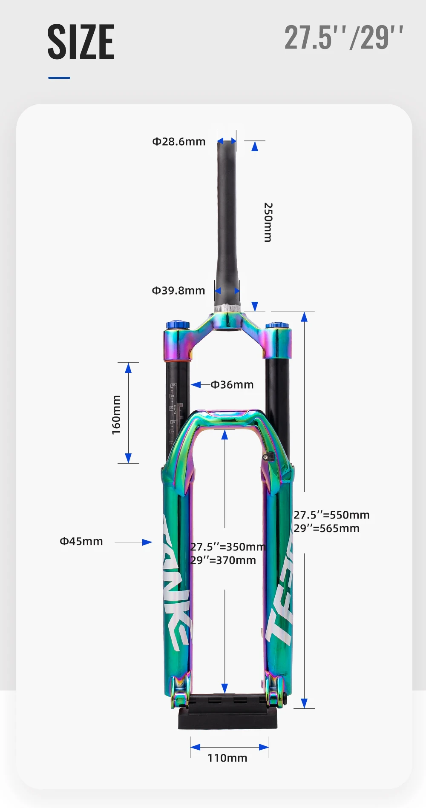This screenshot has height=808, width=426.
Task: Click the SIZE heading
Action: (x=81, y=42)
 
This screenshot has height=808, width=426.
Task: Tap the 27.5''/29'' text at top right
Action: (x=343, y=38)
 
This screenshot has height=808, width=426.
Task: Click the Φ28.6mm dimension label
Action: (x=179, y=141)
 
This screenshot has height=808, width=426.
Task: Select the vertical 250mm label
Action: (x=268, y=222)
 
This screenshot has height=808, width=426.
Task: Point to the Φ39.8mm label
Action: (x=178, y=290)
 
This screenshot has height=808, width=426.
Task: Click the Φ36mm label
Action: (x=232, y=384)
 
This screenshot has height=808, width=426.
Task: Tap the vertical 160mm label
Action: (x=116, y=415)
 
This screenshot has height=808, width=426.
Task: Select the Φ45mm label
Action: (x=81, y=541)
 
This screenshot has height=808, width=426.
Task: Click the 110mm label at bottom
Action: (x=227, y=758)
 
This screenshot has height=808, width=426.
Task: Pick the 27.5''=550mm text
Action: (x=331, y=515)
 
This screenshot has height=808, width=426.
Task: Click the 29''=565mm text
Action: (x=326, y=528)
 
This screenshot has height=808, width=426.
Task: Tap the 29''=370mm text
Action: (x=223, y=560)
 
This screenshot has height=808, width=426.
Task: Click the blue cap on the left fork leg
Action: (x=178, y=325)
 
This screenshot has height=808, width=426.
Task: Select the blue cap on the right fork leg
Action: (x=277, y=326)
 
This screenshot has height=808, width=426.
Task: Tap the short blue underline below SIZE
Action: (x=59, y=78)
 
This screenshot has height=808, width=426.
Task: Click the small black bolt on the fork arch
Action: (x=266, y=457)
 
